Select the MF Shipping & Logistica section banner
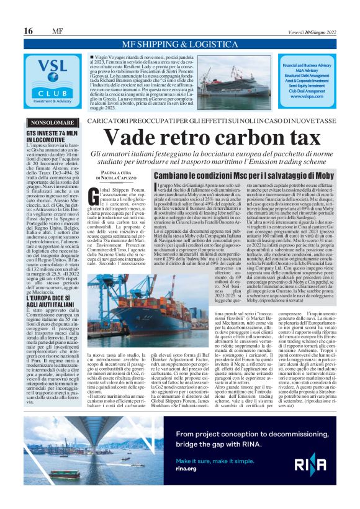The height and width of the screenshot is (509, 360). pos(181,44)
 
